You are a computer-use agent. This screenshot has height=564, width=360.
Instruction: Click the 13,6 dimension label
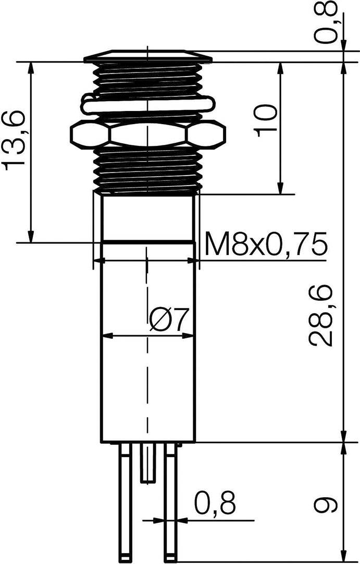click(14, 140)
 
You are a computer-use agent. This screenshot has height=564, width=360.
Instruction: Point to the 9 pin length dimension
click(325, 504)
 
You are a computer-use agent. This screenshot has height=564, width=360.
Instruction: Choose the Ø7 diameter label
click(168, 320)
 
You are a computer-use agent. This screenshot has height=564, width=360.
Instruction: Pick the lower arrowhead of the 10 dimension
click(280, 189)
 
